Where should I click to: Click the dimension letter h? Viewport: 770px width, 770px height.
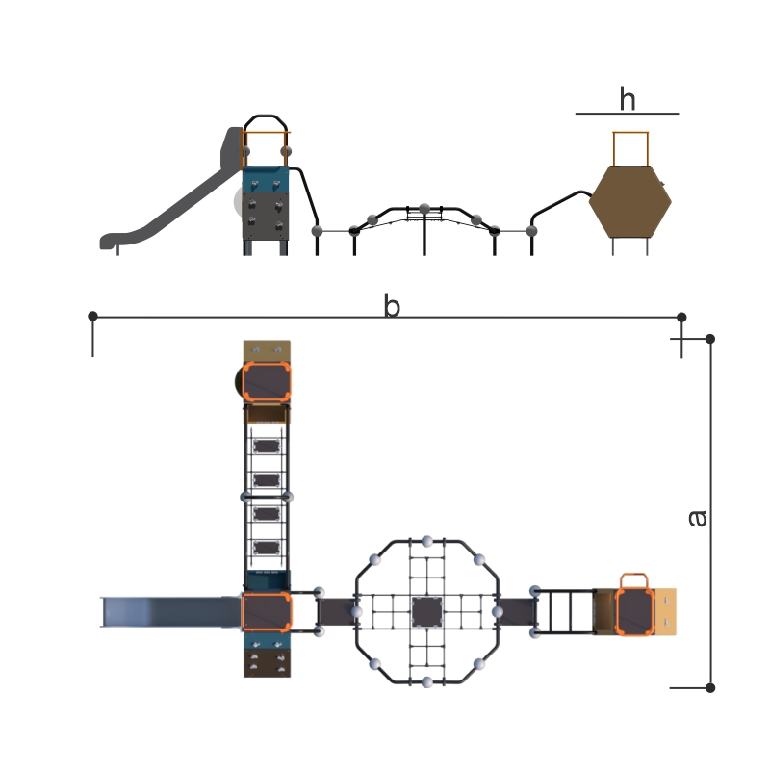tap(628, 99)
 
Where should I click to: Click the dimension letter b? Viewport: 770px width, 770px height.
tap(392, 305)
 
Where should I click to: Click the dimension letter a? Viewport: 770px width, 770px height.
tap(697, 518)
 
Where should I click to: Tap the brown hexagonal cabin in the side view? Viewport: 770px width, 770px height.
tap(630, 201)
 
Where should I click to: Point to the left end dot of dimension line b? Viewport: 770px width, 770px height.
tap(92, 317)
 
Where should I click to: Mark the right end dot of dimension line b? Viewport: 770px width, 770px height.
tap(681, 318)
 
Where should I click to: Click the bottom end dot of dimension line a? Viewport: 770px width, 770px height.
tap(710, 688)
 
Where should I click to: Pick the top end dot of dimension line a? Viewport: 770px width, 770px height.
tap(710, 339)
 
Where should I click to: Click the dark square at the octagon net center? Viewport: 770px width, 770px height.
tap(426, 612)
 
